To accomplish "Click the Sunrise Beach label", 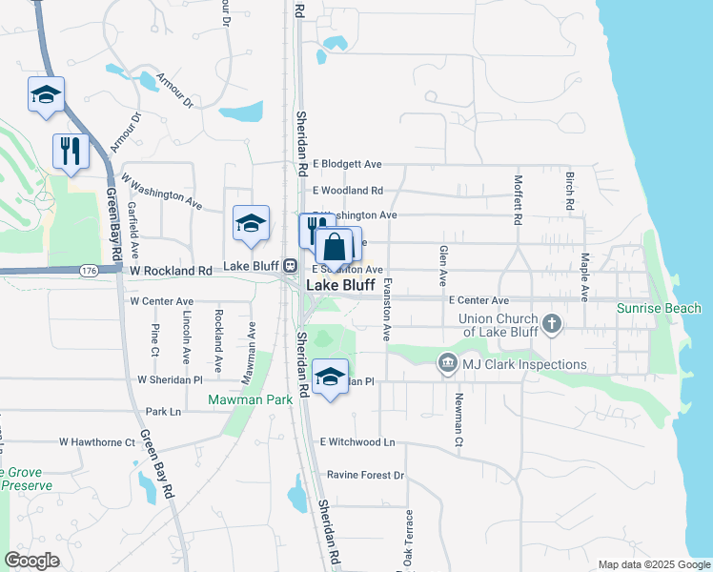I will click(658, 308).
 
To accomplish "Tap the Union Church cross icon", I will click(551, 325).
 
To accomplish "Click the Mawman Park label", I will click(251, 400).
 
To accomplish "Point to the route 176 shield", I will click(90, 271).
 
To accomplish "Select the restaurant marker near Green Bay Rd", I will click(71, 151).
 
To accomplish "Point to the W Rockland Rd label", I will click(172, 271).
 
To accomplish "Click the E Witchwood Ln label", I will click(357, 442).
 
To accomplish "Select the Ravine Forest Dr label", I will click(366, 475).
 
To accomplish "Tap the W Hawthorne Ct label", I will click(98, 442).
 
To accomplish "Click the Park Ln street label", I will click(163, 412).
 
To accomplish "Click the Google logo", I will click(32, 561).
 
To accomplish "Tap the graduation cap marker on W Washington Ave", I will click(252, 223).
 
